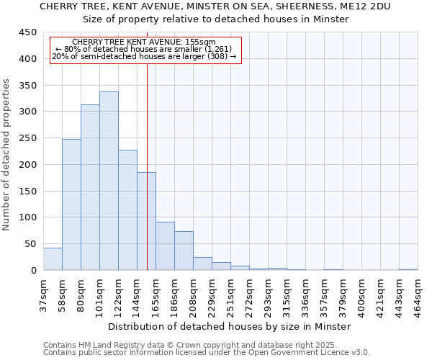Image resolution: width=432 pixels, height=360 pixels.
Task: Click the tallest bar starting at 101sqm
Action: tap(109, 181)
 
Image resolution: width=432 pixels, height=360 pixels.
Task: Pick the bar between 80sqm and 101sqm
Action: tap(90, 187)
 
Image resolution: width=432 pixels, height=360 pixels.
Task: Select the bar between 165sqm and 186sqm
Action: tap(165, 246)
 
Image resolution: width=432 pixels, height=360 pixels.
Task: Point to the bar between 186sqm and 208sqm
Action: tap(184, 251)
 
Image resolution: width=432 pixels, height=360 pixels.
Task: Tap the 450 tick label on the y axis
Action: tap(28, 32)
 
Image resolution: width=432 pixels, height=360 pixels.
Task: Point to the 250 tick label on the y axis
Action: tap(28, 138)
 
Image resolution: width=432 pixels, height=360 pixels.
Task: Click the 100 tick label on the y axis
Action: tap(28, 217)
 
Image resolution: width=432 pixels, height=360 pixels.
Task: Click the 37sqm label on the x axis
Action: tap(43, 294)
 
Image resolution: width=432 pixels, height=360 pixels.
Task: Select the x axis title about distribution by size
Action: tap(230, 326)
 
